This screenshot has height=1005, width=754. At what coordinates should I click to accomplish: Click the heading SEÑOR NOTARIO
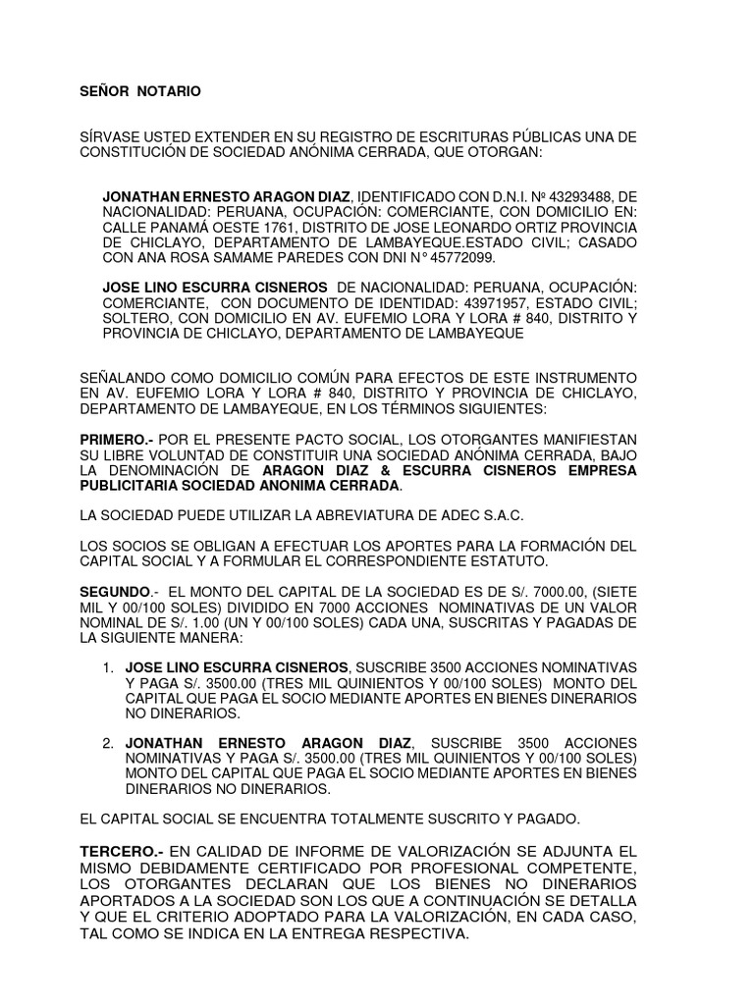139,91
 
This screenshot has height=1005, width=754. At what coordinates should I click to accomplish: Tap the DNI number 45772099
464,258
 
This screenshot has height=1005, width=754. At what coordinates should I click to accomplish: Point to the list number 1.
108,666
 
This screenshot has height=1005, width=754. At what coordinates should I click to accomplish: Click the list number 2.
108,743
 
